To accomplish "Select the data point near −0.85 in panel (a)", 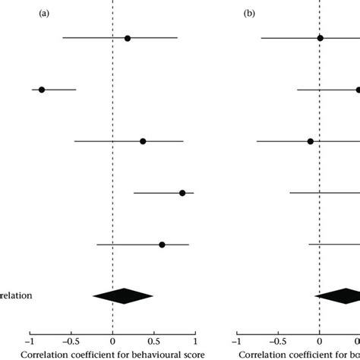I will tap(42, 90).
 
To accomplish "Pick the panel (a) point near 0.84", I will tap(182, 193).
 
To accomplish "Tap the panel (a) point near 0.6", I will tap(162, 245).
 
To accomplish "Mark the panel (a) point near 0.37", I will tap(143, 141).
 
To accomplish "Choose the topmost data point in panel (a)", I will tap(127, 38).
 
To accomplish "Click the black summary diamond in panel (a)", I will tap(122, 296).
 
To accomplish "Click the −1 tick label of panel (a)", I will tap(29, 341).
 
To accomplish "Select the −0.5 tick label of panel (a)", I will tap(70, 341).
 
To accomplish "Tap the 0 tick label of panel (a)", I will tap(112, 341).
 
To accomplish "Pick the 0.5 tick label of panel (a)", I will tap(154, 341).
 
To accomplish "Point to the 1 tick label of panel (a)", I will tap(195, 341).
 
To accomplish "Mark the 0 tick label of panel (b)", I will tap(320, 341).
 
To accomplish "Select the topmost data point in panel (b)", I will tap(320, 38).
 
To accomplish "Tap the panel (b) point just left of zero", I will tap(310, 141).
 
